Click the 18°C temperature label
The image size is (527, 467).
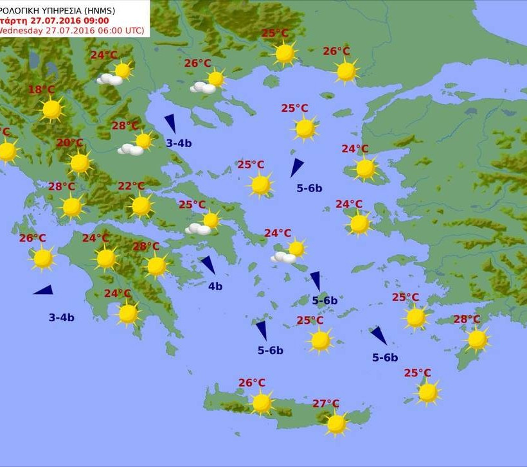point(41,90)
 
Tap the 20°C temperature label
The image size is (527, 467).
point(69,143)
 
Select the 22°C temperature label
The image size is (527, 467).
point(131,186)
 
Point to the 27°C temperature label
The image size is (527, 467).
point(326,403)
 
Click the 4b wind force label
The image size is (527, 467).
point(215,286)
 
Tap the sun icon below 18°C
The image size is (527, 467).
point(51,110)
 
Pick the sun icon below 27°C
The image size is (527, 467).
point(336,423)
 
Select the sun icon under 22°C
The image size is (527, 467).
point(141,206)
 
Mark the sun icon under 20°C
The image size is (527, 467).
point(80,163)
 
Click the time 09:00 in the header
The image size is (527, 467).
point(96,21)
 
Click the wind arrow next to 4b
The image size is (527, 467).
point(208,265)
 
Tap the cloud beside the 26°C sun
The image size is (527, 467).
point(202,87)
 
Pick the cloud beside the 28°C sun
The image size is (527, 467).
point(130,150)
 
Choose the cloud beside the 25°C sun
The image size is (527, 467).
point(198,229)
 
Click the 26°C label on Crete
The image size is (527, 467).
point(252,383)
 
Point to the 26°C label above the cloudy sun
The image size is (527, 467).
point(197,63)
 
